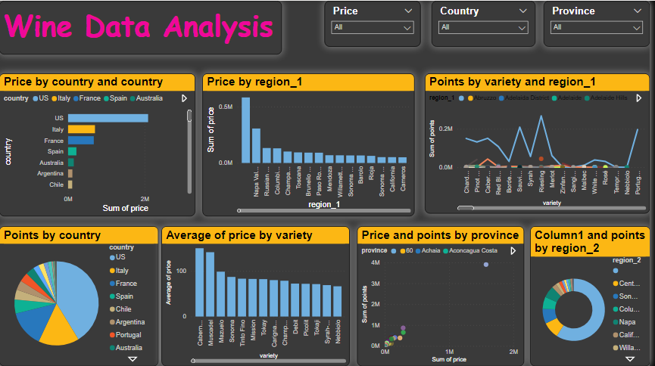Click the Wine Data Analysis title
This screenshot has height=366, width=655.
point(139,27)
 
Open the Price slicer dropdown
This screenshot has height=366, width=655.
point(373,27)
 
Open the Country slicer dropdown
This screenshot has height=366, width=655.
point(483,27)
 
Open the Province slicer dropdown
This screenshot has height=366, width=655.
point(595,27)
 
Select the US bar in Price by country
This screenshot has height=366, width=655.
point(108,118)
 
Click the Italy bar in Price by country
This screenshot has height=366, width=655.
point(81,129)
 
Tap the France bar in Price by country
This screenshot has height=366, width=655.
point(80,141)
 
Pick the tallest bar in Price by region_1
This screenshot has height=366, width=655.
point(245,130)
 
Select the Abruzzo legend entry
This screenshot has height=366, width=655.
point(484,98)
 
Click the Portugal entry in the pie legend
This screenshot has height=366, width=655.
point(129,335)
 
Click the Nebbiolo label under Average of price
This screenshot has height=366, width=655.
point(337,332)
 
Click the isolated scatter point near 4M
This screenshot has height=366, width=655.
point(486,265)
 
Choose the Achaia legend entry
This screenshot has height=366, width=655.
point(431,250)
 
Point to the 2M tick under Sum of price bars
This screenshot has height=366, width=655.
point(145,199)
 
